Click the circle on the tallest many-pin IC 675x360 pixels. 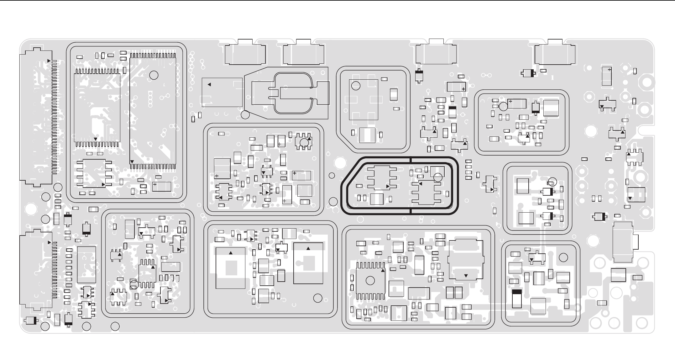click(x=154, y=75)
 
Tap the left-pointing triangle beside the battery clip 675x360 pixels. click(x=209, y=84)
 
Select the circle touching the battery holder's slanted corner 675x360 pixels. click(x=245, y=114)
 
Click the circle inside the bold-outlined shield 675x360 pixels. click(x=438, y=177)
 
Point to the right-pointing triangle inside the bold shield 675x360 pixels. click(x=388, y=186)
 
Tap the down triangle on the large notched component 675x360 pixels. click(x=466, y=276)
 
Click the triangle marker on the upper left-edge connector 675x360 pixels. click(x=49, y=61)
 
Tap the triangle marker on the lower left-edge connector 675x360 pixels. click(x=49, y=242)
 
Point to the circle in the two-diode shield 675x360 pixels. click(x=552, y=182)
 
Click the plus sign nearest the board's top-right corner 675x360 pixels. click(x=609, y=70)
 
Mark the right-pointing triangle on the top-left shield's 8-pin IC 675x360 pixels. click(x=103, y=184)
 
